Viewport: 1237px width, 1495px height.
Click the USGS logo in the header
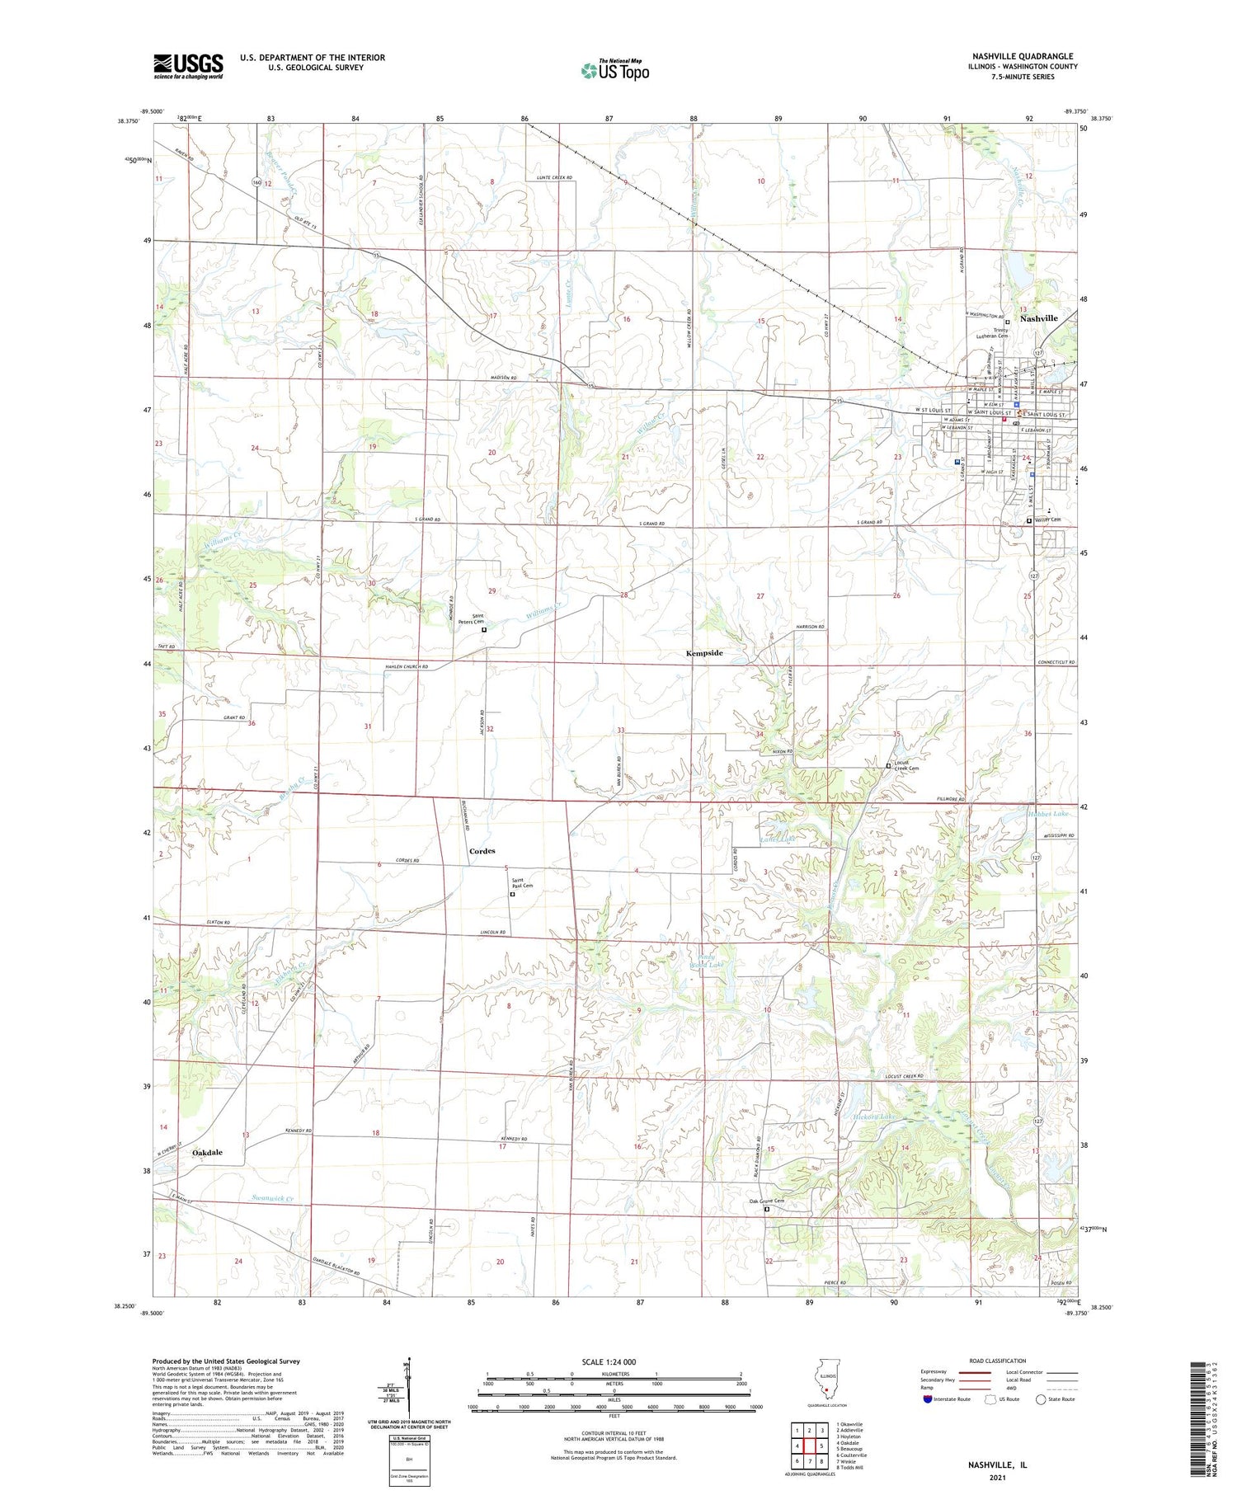click(x=188, y=66)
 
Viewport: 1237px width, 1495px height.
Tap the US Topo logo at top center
click(x=614, y=70)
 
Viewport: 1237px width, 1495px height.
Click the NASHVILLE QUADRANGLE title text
click(x=1022, y=56)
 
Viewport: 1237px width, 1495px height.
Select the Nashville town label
click(x=1038, y=318)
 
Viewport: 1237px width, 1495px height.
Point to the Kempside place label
click(x=704, y=653)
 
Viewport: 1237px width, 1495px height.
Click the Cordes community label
click(x=482, y=851)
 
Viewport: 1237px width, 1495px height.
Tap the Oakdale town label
click(x=207, y=1152)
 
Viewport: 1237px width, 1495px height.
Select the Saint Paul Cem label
click(x=522, y=883)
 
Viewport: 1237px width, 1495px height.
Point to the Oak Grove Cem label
click(x=766, y=1201)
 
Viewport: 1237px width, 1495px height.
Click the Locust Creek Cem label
click(x=906, y=766)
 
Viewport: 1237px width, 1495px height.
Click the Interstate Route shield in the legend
click(x=928, y=1399)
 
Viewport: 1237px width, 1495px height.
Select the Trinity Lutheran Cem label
click(x=1000, y=333)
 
